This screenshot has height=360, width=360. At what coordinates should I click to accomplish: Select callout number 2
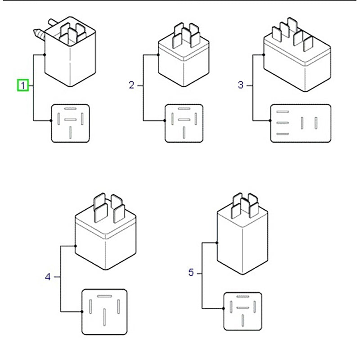pos(131,85)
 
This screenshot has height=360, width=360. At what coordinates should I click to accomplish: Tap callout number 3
pos(240,85)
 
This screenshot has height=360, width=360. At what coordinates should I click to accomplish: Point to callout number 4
pos(48,277)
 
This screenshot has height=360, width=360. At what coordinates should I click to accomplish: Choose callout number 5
pos(191,273)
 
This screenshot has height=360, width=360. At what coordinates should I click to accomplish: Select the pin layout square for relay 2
pos(184,124)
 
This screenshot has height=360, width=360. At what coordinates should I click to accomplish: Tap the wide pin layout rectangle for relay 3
pos(300,124)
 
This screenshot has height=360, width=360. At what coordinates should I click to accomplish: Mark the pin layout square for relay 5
pos(243,311)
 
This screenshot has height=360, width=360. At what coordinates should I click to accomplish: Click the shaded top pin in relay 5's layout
pos(243,297)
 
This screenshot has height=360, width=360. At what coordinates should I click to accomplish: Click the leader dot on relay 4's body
pos(75,246)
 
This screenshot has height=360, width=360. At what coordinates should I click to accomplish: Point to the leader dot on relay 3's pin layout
pos(270,121)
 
